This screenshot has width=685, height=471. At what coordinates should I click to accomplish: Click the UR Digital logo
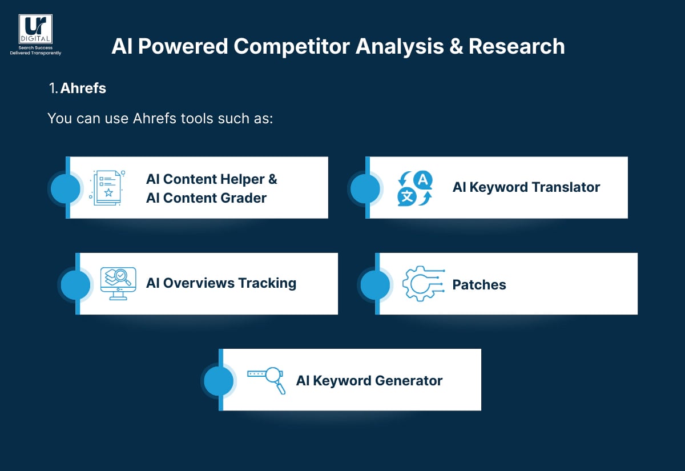(35, 30)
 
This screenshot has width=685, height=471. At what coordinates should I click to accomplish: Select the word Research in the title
(517, 46)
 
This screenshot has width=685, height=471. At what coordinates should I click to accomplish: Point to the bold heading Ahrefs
(83, 89)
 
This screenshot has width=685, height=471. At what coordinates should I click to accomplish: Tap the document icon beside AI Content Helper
(107, 187)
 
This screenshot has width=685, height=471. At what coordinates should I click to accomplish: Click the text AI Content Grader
(206, 198)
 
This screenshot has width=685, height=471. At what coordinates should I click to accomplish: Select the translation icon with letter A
(415, 188)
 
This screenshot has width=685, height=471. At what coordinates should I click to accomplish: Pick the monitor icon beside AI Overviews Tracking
(118, 284)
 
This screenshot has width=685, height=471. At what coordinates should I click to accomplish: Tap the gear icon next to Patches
(423, 284)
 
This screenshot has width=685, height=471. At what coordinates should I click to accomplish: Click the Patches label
(479, 285)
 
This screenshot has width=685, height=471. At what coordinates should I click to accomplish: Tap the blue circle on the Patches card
(376, 284)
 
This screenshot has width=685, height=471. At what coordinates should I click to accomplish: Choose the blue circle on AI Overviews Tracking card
(75, 284)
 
